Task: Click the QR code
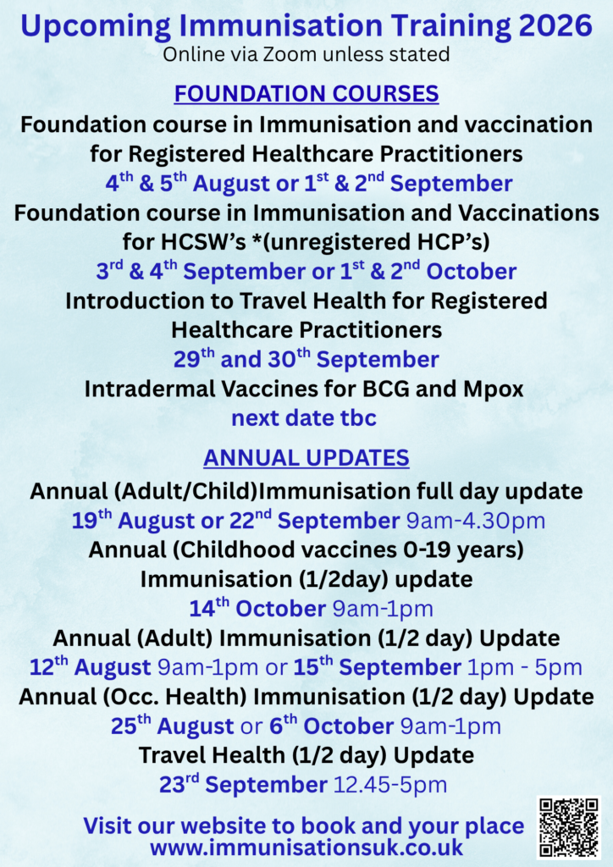569,827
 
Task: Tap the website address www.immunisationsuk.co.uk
306,847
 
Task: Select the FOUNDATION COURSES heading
306,93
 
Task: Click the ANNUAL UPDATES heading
306,458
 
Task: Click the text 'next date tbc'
304,417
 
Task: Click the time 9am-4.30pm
475,522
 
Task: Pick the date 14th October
257,608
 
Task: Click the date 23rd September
243,784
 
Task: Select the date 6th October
331,726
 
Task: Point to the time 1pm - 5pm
525,667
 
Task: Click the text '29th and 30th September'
306,359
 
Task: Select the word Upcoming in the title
96,26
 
